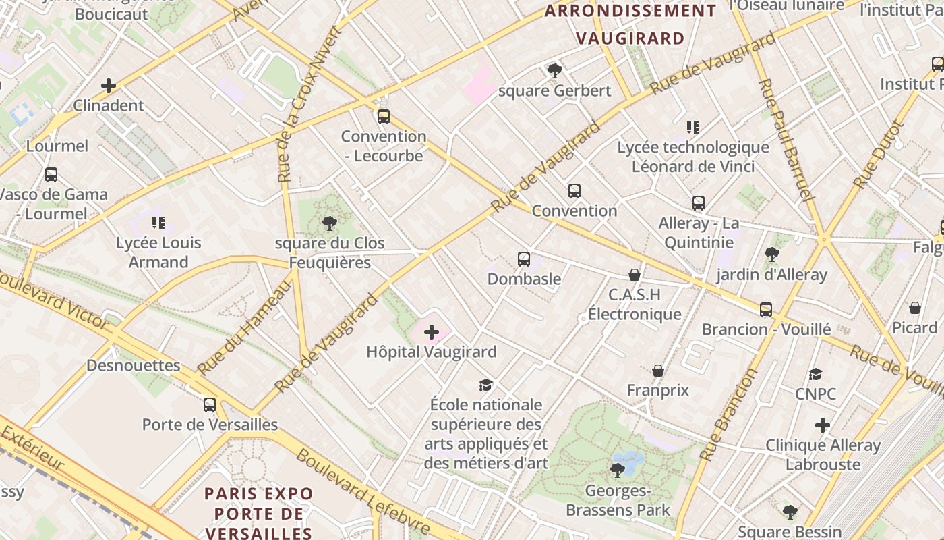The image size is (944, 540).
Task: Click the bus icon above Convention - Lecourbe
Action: coord(384,117)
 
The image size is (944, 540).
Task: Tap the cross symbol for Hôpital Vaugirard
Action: coord(432,332)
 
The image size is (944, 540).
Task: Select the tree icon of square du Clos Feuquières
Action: coord(330,223)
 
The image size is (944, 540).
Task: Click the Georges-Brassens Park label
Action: coord(618,500)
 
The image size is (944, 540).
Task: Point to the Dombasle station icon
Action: coord(524,259)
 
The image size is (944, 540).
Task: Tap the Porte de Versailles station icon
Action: coord(210,405)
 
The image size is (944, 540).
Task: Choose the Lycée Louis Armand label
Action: coord(158,252)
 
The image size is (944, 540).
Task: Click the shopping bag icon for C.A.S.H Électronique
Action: coord(634,275)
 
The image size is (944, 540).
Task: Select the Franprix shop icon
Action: coord(658,371)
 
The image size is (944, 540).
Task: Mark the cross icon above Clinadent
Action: coord(109,86)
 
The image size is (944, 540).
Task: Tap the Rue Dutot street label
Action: coord(877,155)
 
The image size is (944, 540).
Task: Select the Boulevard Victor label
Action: coord(54,300)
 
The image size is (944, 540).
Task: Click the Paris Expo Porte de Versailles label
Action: coord(259,513)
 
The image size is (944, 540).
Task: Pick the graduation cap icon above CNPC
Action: coord(816,375)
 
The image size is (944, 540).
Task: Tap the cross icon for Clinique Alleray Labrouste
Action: coord(822,426)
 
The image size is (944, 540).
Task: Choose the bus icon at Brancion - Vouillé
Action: coord(766,310)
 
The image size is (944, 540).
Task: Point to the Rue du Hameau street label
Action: coord(245,327)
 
